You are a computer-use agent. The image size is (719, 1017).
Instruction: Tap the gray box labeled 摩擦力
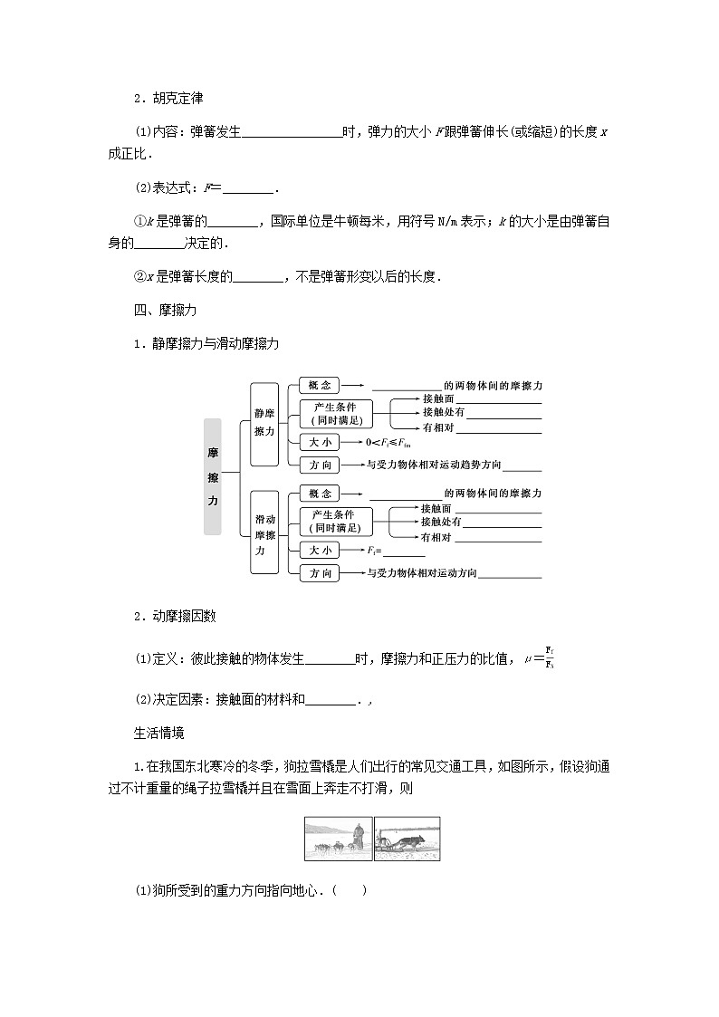(x=213, y=475)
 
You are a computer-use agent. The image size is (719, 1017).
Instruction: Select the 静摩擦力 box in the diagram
(x=264, y=424)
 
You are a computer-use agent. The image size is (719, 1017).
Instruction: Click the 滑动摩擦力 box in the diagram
(x=264, y=534)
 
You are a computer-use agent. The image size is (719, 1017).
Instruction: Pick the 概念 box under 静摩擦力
(x=319, y=385)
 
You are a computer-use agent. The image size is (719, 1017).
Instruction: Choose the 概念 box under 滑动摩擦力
(x=319, y=494)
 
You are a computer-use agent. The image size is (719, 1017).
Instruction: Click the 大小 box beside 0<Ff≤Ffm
(x=319, y=442)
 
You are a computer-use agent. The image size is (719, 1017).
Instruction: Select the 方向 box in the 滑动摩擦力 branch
(x=319, y=573)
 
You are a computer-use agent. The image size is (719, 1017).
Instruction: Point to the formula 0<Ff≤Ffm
(x=388, y=442)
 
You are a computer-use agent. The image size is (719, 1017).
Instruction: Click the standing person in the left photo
(x=359, y=837)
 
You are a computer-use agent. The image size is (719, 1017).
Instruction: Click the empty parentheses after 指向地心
(x=350, y=890)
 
